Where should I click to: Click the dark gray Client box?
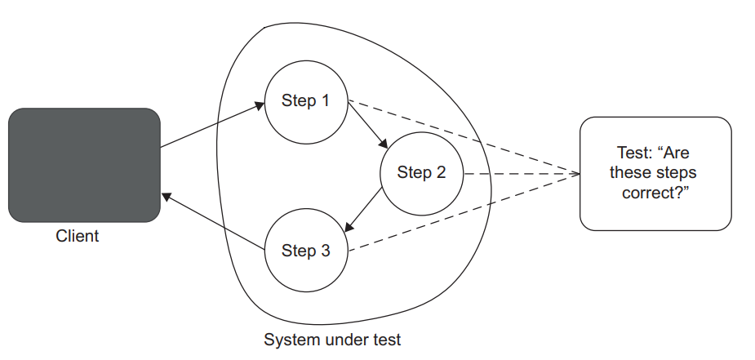point(84,165)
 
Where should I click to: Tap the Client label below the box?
point(78,237)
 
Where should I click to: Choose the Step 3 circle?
point(306,251)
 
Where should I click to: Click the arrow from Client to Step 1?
point(212,125)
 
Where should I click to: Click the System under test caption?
point(332,339)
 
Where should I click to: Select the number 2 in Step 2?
point(441,173)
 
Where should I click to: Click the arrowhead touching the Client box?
point(166,197)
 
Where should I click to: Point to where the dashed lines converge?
point(578,174)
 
